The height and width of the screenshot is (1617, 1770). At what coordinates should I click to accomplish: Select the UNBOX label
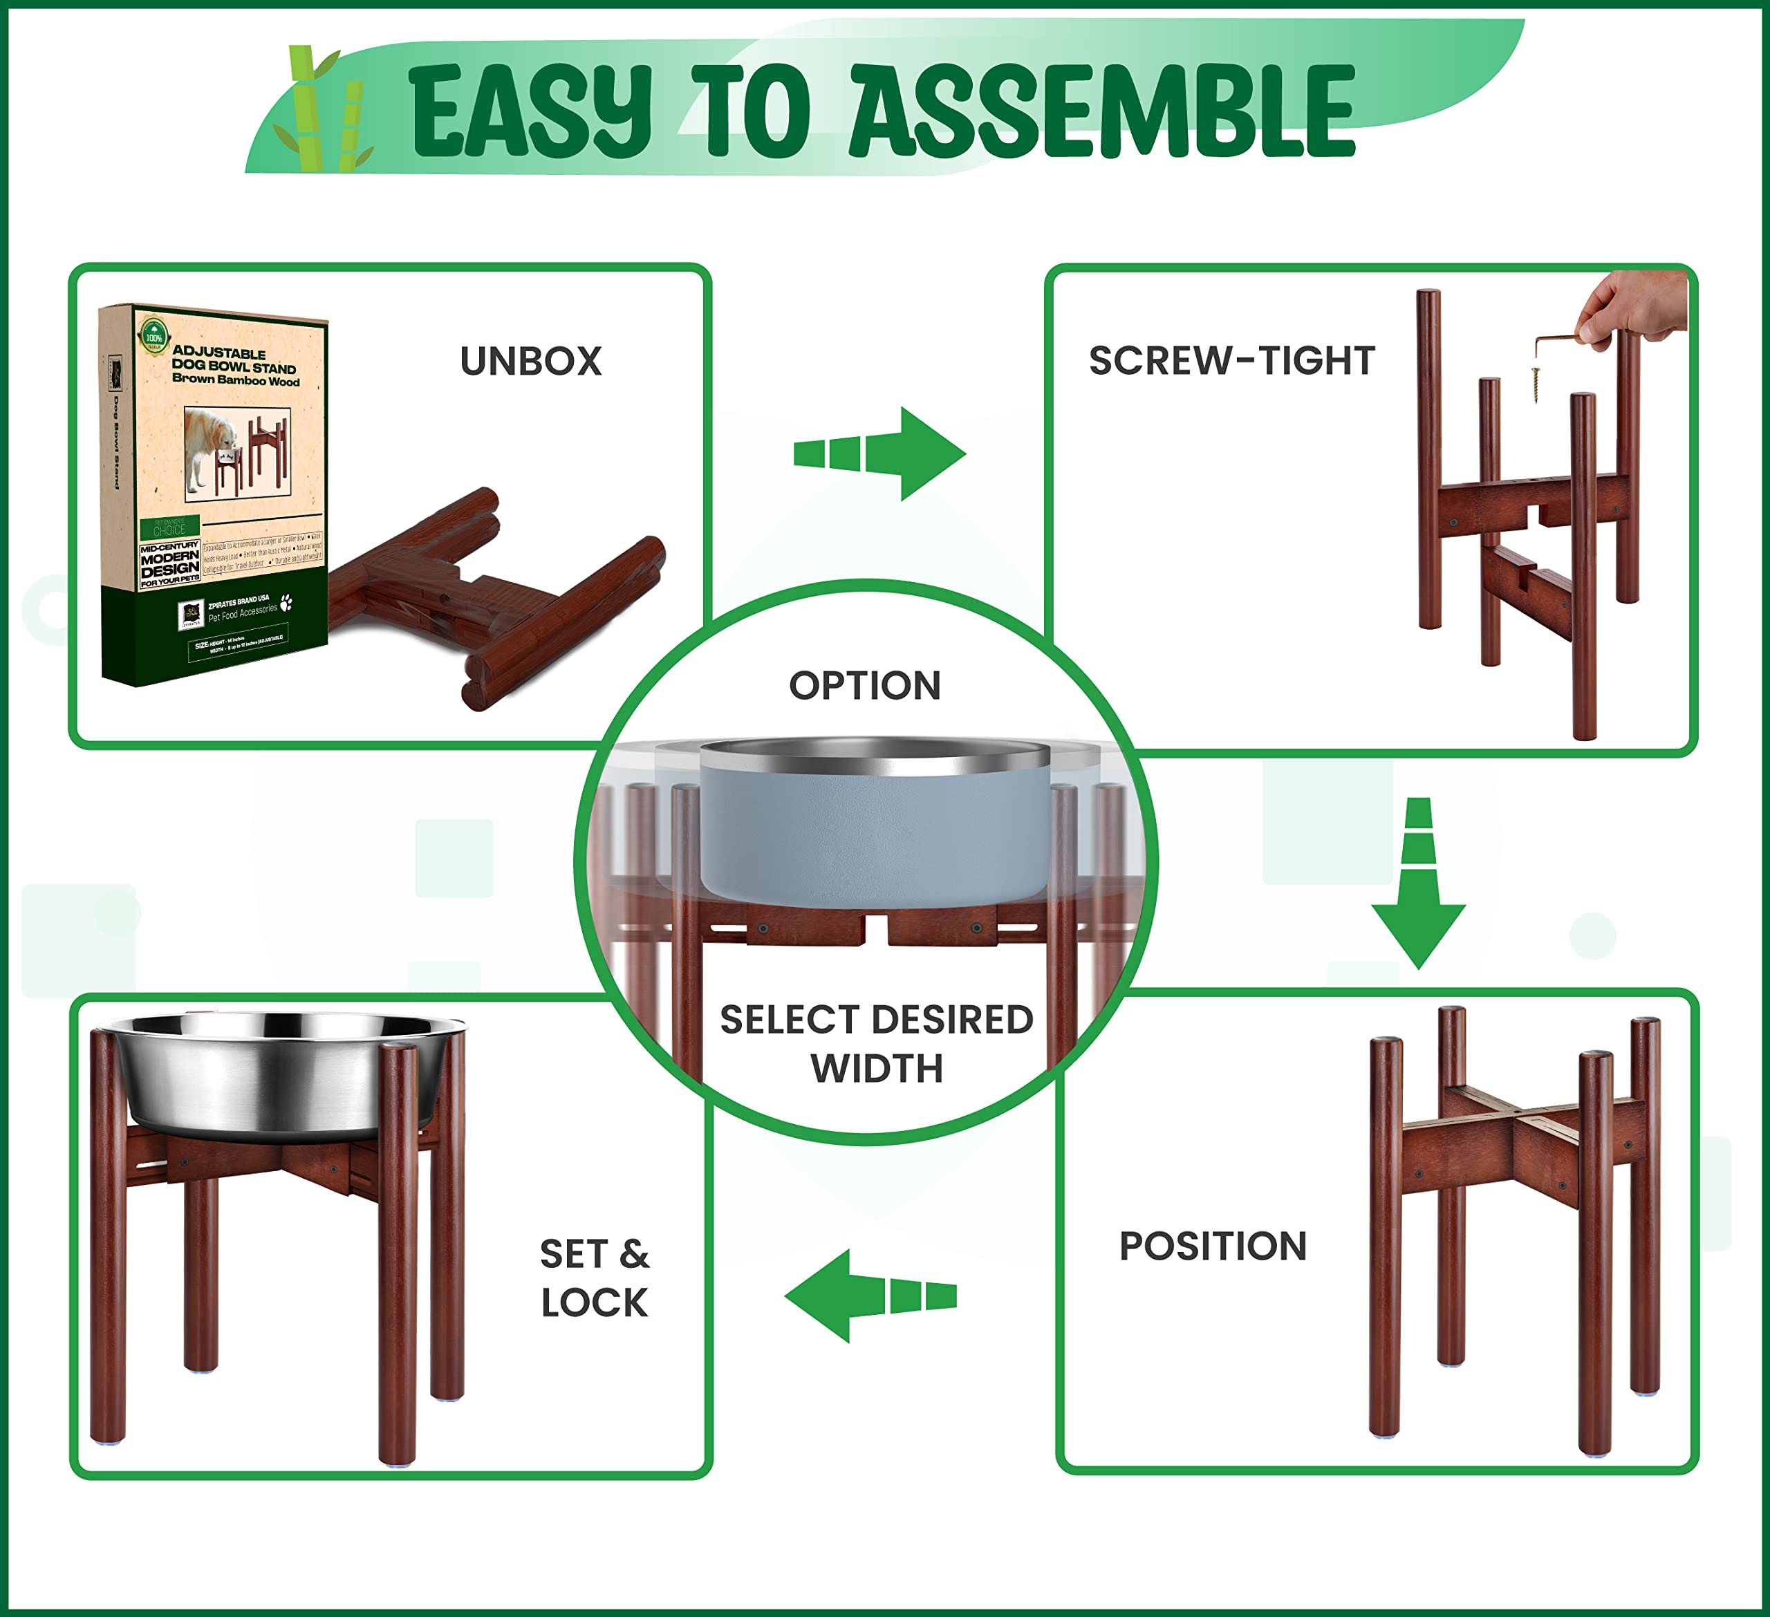(x=530, y=362)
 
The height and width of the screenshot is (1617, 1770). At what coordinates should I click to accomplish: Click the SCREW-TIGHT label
(x=1231, y=361)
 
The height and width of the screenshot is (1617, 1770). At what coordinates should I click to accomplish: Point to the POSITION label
(x=1213, y=1246)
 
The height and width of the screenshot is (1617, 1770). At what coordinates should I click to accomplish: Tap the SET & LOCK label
(x=595, y=1278)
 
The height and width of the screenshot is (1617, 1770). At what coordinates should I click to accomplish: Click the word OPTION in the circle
(x=865, y=686)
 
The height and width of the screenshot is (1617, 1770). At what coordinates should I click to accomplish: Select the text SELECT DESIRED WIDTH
(x=876, y=1044)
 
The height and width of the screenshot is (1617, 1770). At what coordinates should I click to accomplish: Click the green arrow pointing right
(x=881, y=454)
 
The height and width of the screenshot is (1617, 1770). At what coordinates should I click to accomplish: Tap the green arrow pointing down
(x=1418, y=883)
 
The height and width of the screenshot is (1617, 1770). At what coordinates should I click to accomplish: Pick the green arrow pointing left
(x=869, y=1296)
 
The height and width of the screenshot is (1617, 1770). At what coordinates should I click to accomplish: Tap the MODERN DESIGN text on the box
(x=169, y=563)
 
